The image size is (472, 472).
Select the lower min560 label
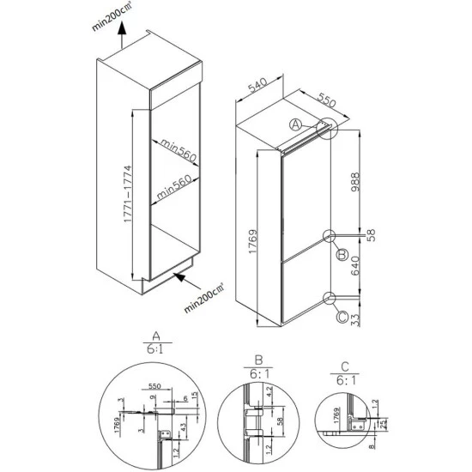[176, 190]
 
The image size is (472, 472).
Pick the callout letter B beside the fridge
[341, 254]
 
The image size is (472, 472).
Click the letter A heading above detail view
[154, 336]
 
